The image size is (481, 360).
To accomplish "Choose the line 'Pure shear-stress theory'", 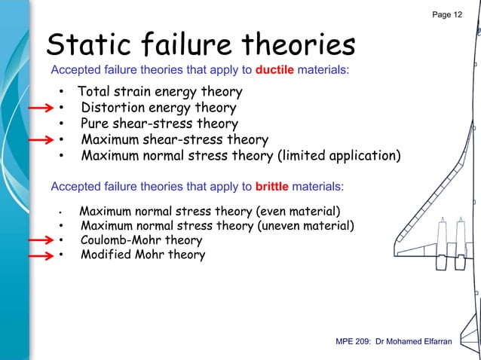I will (159, 124).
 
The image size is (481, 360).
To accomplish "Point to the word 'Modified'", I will (106, 255).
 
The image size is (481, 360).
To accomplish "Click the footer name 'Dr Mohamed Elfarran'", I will (412, 343).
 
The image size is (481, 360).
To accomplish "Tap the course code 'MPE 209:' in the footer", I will (352, 343).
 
